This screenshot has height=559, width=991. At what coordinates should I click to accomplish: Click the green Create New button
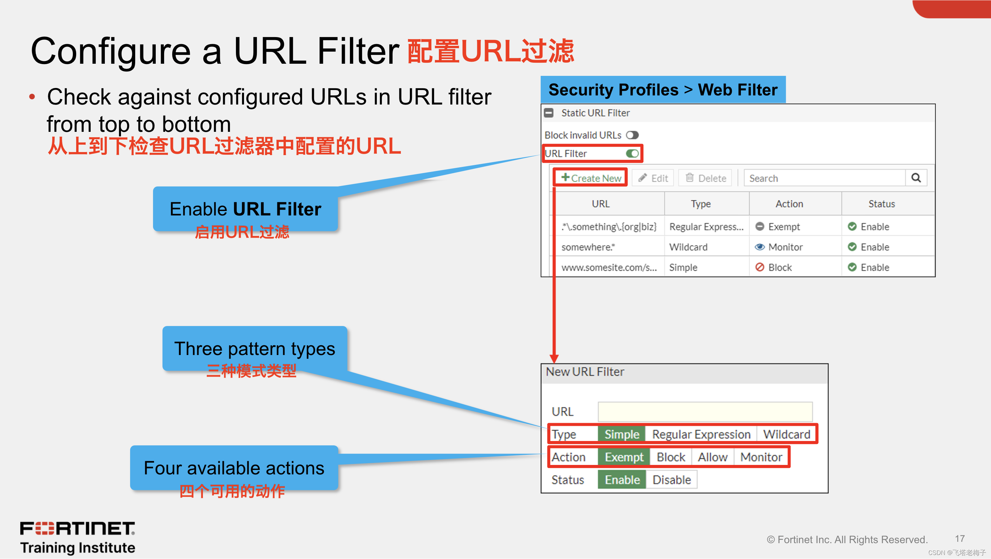pos(591,178)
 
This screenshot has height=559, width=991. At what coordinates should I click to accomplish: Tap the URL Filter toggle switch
pos(632,153)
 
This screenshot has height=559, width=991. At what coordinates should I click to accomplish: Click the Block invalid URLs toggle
pos(632,135)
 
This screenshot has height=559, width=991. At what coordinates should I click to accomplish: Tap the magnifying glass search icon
pos(916,178)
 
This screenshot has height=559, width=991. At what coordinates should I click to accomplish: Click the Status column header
pos(881,204)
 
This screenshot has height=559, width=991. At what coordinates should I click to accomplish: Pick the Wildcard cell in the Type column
pos(688,247)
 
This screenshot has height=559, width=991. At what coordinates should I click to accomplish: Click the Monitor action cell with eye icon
pos(779,247)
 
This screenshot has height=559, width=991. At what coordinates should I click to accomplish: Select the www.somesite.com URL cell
pos(609,267)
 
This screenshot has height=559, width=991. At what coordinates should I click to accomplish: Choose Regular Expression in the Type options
pos(701,434)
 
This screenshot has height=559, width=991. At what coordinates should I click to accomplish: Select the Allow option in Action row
pos(713,457)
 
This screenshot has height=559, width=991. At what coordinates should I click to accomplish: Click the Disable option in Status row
pos(672,480)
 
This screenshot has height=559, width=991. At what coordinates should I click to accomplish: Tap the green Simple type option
pos(621,434)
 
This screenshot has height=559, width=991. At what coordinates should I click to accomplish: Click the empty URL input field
pos(705,412)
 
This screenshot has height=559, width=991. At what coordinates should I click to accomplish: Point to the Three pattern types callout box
pos(255,349)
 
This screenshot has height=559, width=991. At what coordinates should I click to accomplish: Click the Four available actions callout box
pos(234,468)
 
